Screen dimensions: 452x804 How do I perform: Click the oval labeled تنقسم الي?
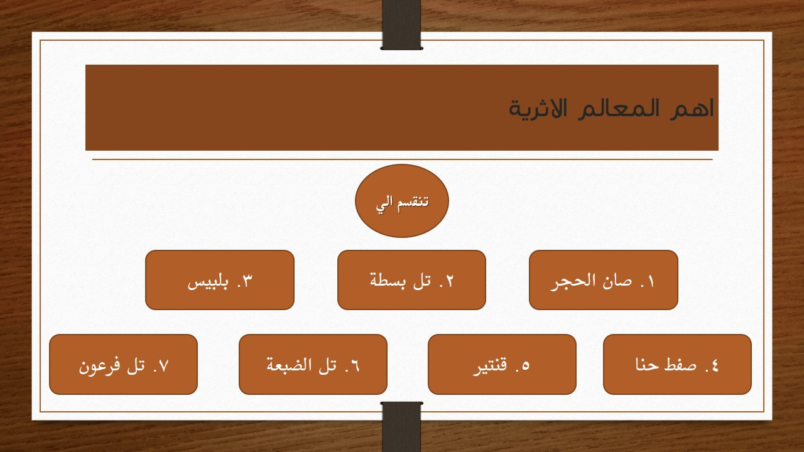click(402, 201)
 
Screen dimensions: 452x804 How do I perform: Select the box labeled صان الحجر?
click(603, 280)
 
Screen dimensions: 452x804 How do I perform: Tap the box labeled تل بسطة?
click(411, 280)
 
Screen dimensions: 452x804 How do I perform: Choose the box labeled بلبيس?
click(220, 280)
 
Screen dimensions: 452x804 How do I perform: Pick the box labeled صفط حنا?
click(677, 364)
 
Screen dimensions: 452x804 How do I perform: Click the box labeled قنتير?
click(502, 364)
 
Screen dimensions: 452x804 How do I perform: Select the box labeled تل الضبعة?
click(313, 364)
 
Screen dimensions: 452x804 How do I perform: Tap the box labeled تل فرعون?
click(123, 364)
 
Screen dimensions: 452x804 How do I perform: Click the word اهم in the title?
click(697, 108)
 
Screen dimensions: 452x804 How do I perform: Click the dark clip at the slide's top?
click(401, 25)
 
